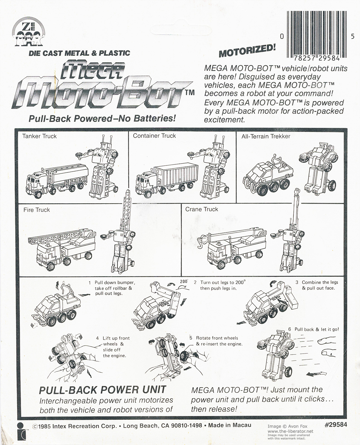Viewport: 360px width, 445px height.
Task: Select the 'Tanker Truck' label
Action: (39, 136)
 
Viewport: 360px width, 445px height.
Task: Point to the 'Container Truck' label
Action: (154, 136)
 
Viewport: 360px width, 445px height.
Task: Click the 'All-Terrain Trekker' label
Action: (266, 137)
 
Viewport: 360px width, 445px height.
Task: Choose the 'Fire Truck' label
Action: (36, 210)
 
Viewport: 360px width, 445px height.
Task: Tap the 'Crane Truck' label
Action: (202, 209)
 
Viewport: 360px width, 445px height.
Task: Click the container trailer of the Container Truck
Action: (176, 176)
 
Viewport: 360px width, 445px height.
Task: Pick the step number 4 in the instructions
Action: (97, 338)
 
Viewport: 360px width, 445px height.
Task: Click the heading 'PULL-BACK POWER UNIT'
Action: (102, 390)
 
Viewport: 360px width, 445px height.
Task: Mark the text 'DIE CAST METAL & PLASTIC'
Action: (79, 53)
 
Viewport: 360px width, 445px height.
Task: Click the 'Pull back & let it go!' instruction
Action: (317, 329)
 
